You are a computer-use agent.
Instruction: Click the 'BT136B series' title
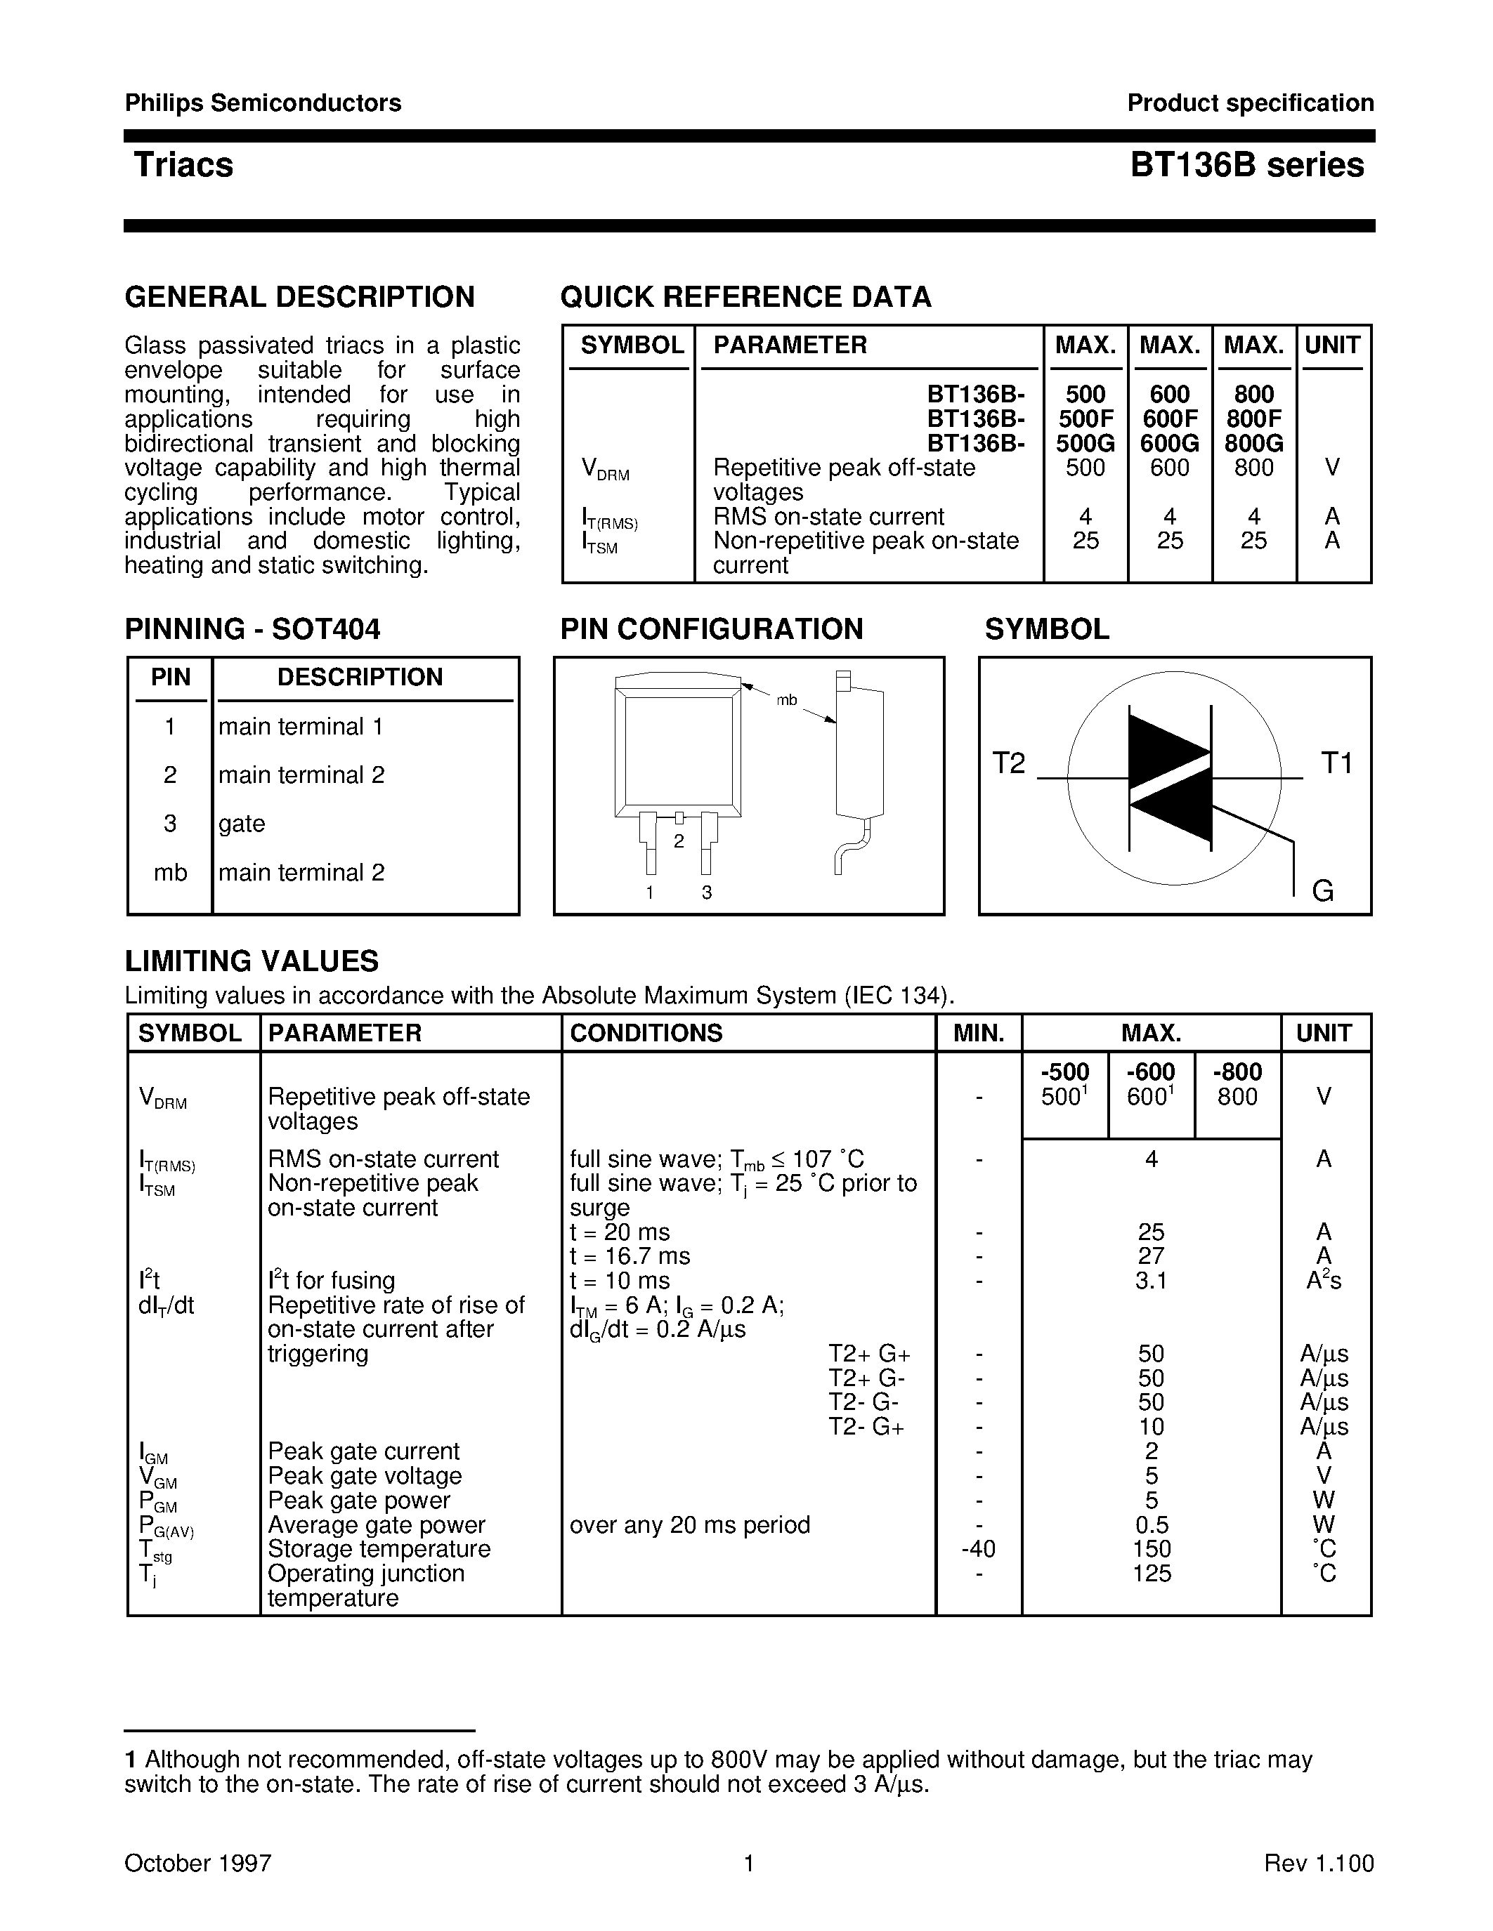pyautogui.click(x=1246, y=165)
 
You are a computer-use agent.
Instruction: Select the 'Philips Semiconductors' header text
pyautogui.click(x=263, y=103)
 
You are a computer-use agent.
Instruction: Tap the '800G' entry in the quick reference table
pyautogui.click(x=1253, y=443)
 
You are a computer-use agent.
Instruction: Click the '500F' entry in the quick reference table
pyautogui.click(x=1085, y=419)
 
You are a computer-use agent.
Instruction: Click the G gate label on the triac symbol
pyautogui.click(x=1322, y=890)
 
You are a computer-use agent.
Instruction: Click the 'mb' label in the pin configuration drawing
pyautogui.click(x=786, y=700)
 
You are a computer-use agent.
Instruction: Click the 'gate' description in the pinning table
pyautogui.click(x=242, y=823)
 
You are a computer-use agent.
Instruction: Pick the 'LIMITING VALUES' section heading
pyautogui.click(x=252, y=961)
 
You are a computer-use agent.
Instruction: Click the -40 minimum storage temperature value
pyautogui.click(x=978, y=1549)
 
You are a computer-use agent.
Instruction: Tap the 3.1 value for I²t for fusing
pyautogui.click(x=1151, y=1280)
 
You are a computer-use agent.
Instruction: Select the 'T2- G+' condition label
pyautogui.click(x=866, y=1427)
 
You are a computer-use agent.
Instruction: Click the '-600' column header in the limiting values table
pyautogui.click(x=1151, y=1072)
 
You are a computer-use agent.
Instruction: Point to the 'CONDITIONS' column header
pyautogui.click(x=646, y=1033)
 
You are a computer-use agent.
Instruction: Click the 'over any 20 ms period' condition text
pyautogui.click(x=689, y=1524)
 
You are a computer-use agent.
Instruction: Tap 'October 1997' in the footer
pyautogui.click(x=197, y=1864)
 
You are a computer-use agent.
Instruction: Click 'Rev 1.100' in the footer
pyautogui.click(x=1318, y=1864)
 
